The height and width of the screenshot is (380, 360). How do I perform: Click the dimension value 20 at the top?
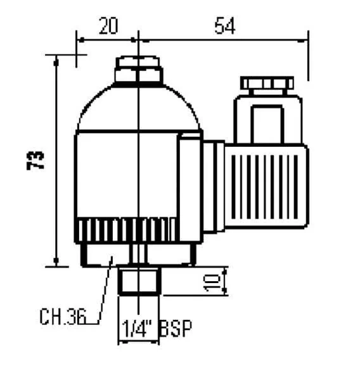[x=108, y=25]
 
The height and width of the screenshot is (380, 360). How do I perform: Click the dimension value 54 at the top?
[x=225, y=25]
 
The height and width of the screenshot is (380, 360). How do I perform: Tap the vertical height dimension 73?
[x=35, y=160]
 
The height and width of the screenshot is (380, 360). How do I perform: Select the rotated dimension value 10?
[x=212, y=281]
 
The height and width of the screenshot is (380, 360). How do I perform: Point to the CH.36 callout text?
[x=63, y=317]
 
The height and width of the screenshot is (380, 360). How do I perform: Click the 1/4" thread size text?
[x=138, y=328]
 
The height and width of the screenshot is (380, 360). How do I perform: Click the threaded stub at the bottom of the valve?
[x=139, y=281]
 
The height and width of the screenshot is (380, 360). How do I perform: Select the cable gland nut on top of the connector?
[x=267, y=85]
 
